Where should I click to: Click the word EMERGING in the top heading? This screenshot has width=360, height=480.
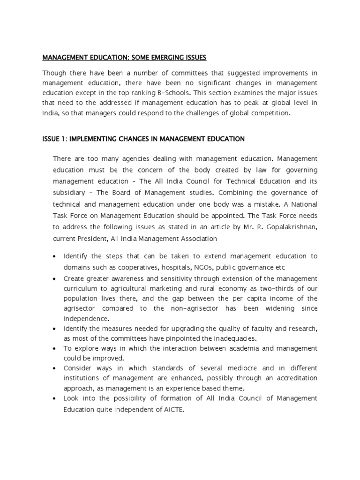pos(156,58)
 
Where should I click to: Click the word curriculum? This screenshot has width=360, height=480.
pos(82,288)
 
